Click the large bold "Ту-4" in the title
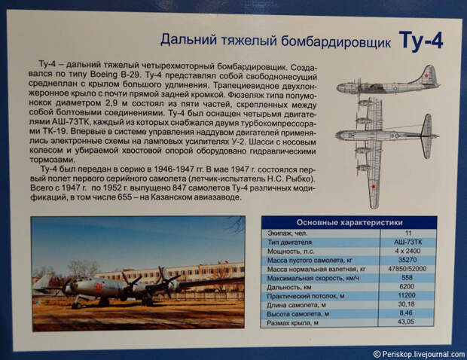[421, 41]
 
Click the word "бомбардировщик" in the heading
[336, 41]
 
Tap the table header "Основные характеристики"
[349, 222]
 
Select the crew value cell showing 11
[408, 233]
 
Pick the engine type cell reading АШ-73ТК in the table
[407, 242]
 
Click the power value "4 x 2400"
[407, 251]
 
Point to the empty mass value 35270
[407, 260]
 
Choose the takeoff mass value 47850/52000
[407, 269]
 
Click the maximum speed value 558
[407, 277]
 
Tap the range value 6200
[407, 286]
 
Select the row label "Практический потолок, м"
[306, 296]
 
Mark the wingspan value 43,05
[406, 322]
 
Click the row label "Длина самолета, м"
[296, 305]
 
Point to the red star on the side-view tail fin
[426, 75]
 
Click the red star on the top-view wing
[373, 187]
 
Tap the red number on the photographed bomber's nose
[99, 287]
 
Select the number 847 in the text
[179, 188]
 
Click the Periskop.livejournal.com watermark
[420, 354]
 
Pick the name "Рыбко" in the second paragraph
[299, 179]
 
